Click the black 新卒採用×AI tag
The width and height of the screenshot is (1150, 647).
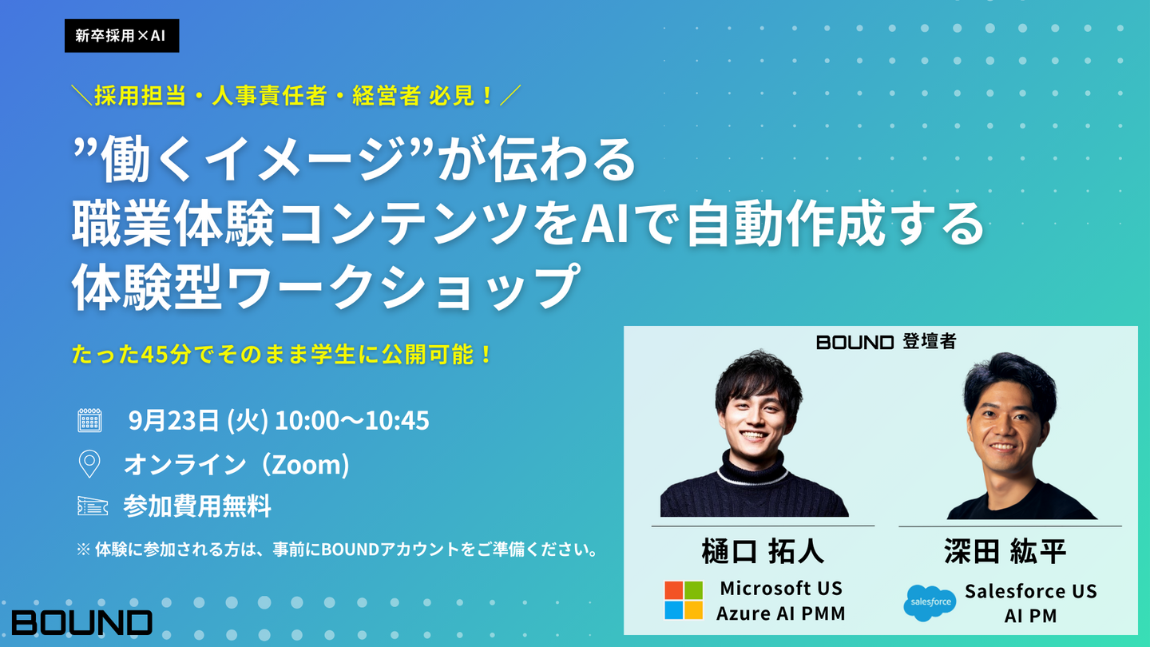pyautogui.click(x=121, y=35)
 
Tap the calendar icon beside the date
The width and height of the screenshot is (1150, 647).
pyautogui.click(x=89, y=420)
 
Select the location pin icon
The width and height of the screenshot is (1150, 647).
pyautogui.click(x=89, y=463)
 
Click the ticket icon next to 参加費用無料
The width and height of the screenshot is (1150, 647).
pyautogui.click(x=93, y=506)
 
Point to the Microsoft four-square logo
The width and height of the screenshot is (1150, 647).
pyautogui.click(x=684, y=601)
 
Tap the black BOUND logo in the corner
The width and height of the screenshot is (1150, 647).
pyautogui.click(x=82, y=622)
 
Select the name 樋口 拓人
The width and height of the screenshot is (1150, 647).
pyautogui.click(x=763, y=551)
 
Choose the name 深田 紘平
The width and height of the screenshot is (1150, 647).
pyautogui.click(x=1005, y=551)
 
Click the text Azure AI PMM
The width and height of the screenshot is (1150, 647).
pyautogui.click(x=780, y=613)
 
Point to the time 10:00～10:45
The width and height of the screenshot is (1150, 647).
pyautogui.click(x=352, y=420)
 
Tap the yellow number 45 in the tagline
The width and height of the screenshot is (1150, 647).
pyautogui.click(x=153, y=355)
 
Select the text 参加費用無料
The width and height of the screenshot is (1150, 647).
pyautogui.click(x=197, y=506)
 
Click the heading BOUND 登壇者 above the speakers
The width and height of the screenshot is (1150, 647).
pyautogui.click(x=886, y=342)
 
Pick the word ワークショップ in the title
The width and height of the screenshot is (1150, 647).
pyautogui.click(x=403, y=287)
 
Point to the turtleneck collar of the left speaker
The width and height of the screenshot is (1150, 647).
pyautogui.click(x=752, y=468)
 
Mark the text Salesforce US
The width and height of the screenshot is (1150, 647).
pyautogui.click(x=1030, y=591)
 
